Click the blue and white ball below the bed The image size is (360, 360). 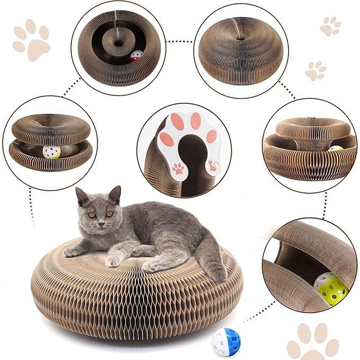pos(226,343)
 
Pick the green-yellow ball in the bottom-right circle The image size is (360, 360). pos(331,288)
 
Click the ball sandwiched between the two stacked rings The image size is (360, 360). pos(51,152)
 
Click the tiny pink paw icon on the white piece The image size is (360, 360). pos(179,169)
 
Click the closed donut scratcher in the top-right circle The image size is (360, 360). pos(241,52)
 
